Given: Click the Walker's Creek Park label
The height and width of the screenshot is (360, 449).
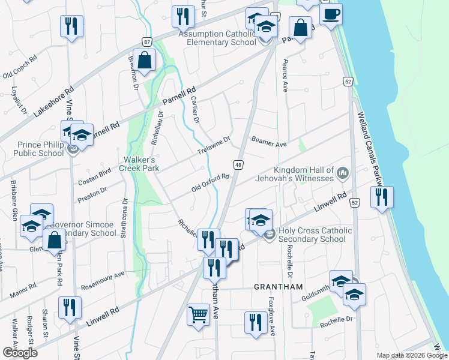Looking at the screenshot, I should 141,164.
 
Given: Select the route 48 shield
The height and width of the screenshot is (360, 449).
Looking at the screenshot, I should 238,164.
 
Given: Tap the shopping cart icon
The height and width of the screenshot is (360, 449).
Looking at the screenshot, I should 198,314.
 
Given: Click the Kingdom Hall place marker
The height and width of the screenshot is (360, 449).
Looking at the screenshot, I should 343,174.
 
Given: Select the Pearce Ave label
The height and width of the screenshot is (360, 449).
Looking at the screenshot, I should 285,77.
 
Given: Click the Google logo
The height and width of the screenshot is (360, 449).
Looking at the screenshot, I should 20,353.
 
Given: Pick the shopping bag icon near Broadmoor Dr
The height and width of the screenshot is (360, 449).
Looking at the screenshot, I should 144,61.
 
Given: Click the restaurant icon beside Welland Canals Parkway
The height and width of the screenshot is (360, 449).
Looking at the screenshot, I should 381,197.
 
